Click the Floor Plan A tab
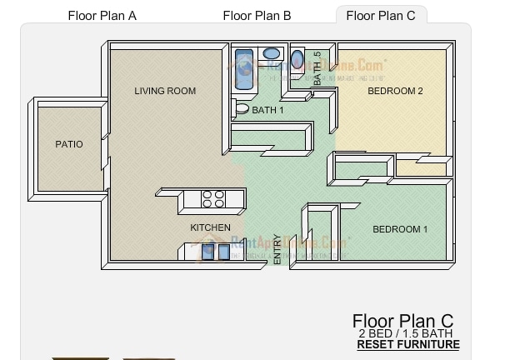pos(102,15)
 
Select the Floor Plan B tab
pos(257,15)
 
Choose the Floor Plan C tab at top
pos(381,15)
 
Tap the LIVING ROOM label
pos(165,92)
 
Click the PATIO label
pos(69,144)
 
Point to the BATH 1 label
pos(268,110)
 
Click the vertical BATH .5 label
pos(317,70)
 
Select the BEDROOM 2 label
pos(396,92)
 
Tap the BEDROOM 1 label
pos(400,229)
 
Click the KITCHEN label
pos(210,227)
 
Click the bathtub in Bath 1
pos(244,69)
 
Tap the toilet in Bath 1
pos(240,107)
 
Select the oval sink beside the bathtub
pos(272,54)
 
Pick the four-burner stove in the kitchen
pos(213,199)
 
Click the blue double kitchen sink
pos(216,251)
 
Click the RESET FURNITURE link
pos(407,345)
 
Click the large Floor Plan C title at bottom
pos(402,321)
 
